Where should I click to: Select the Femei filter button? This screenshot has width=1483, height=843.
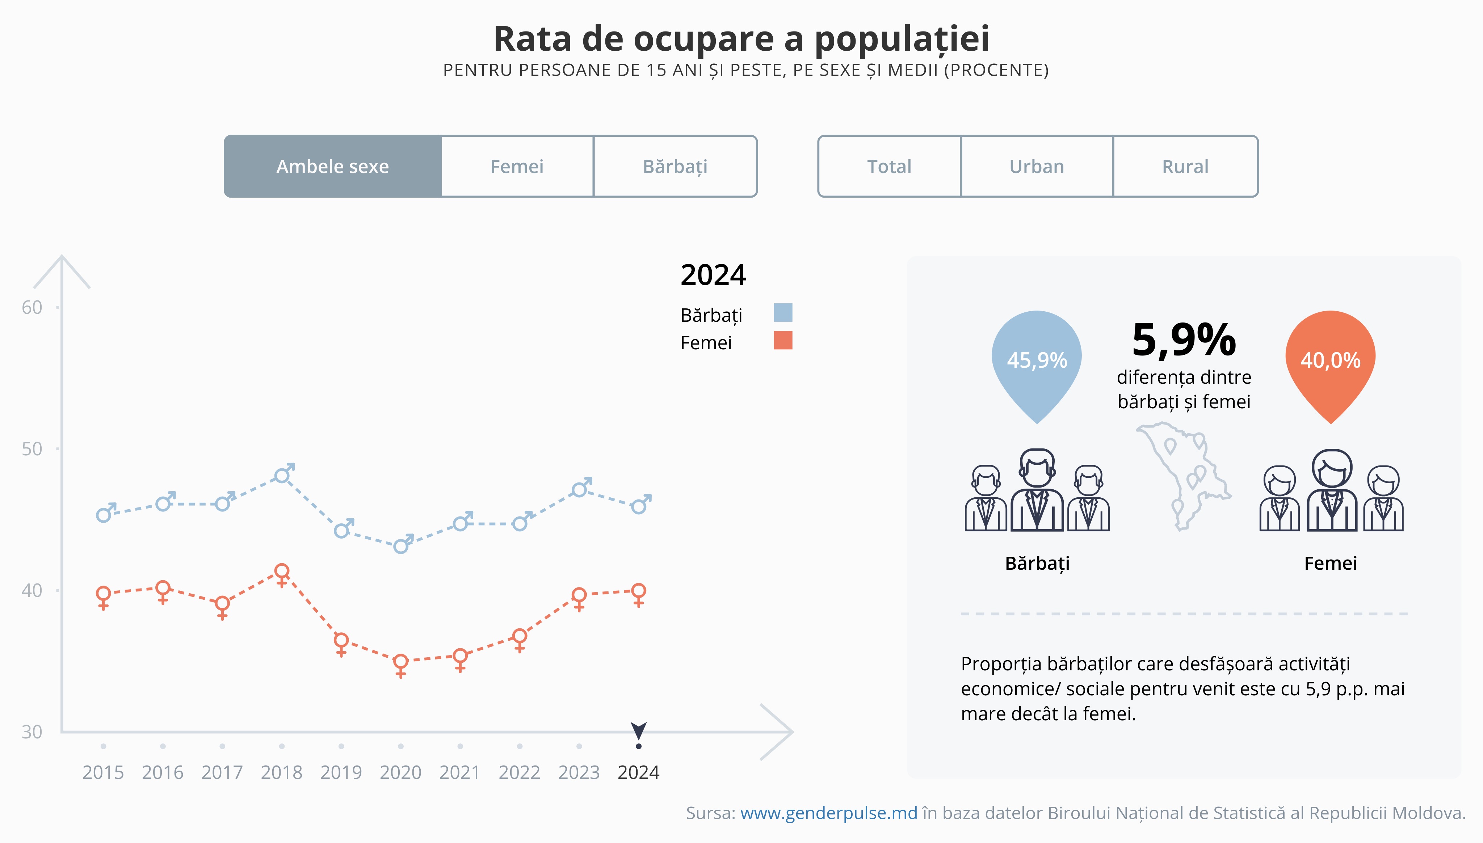517,167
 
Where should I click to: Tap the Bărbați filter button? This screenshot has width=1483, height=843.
675,167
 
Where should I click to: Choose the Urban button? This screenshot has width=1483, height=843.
1037,167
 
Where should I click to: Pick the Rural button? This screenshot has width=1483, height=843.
1185,167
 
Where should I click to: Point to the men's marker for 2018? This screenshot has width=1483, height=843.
282,475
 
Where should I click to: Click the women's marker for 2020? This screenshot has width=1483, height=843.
401,661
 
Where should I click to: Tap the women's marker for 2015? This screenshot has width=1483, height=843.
103,594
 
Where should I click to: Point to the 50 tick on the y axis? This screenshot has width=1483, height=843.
33,449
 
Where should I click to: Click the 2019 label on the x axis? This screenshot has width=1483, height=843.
341,772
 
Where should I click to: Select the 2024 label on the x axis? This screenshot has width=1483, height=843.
639,772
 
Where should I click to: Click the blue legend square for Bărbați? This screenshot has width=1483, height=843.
783,313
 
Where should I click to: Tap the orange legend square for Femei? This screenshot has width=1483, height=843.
783,341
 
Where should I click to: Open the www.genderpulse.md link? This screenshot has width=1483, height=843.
829,813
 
